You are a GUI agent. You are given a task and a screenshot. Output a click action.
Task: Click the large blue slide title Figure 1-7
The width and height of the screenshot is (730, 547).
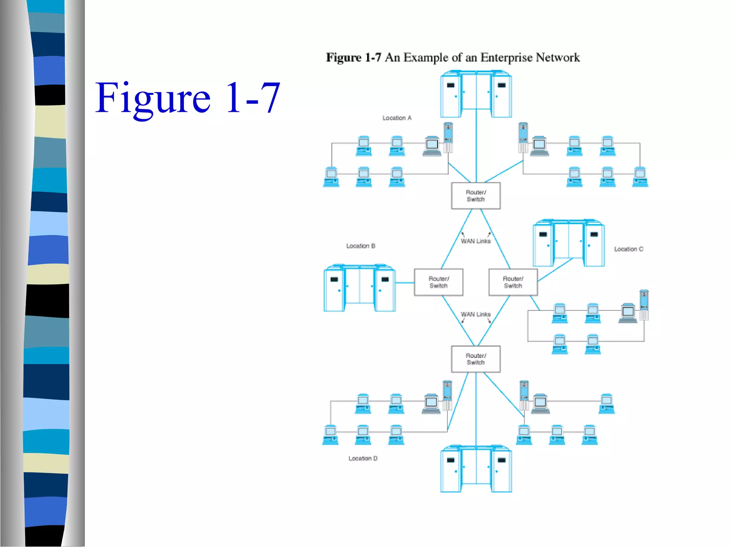[187, 98]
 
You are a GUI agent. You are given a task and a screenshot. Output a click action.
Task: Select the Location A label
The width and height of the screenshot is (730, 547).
[397, 118]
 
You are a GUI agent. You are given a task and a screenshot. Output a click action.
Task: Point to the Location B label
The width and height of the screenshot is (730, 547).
[360, 246]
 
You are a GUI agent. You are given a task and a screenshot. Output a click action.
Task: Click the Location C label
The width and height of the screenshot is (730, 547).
[628, 249]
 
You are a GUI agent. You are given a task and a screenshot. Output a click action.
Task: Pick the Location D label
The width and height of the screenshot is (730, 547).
[363, 458]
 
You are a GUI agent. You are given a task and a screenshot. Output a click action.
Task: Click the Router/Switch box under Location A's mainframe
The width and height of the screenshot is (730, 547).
[475, 196]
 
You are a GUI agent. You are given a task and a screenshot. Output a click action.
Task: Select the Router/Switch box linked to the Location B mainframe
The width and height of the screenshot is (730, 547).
[438, 282]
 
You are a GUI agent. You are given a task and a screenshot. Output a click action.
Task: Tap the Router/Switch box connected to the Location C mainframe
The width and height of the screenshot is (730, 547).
[513, 282]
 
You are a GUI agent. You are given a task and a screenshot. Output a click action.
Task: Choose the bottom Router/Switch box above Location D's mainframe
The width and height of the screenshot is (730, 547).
[475, 359]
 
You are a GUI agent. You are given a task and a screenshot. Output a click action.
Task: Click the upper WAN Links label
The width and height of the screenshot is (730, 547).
[475, 241]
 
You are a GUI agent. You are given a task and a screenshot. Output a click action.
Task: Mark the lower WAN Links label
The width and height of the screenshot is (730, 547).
[475, 314]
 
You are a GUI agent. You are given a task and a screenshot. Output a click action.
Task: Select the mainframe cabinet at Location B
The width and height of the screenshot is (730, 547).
[359, 288]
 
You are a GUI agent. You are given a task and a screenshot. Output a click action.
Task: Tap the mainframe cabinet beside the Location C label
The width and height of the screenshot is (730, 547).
[568, 243]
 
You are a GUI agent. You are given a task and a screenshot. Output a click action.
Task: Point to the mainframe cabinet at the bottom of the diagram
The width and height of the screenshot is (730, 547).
[475, 469]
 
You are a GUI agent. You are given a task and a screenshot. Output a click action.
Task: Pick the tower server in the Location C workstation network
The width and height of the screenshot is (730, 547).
[644, 305]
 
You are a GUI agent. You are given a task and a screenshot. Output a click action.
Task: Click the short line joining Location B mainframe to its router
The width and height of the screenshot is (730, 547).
[405, 283]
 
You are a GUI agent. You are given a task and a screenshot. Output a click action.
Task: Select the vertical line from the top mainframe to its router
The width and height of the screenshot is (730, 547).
[476, 150]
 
